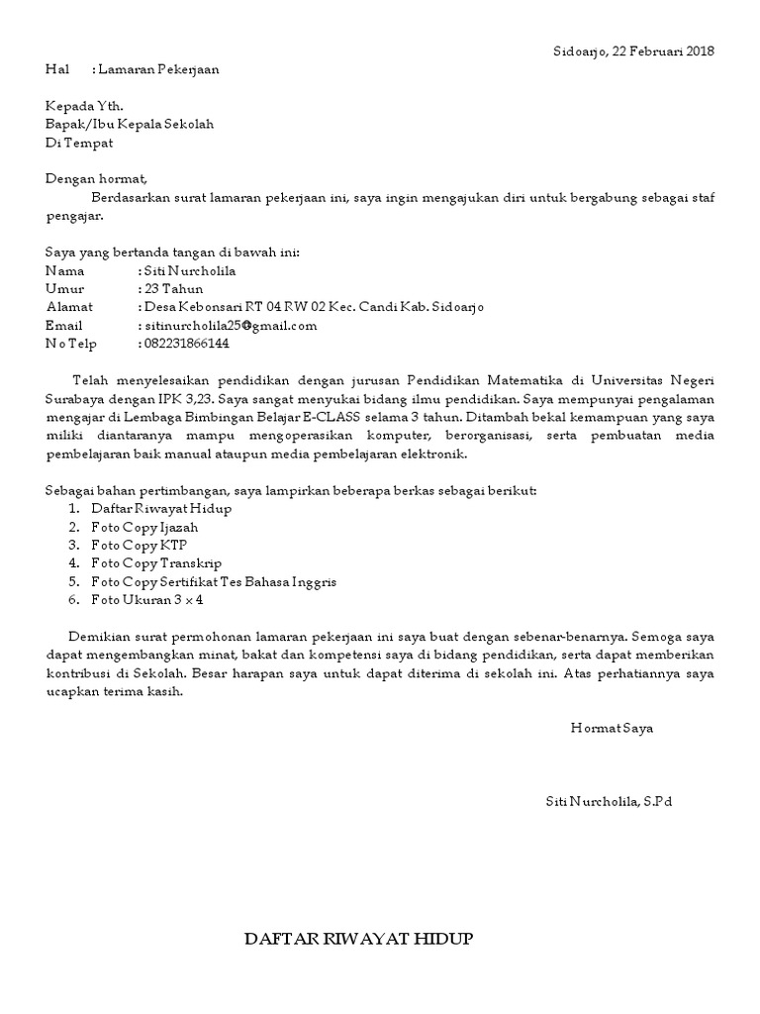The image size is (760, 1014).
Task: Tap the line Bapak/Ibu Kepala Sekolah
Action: click(130, 124)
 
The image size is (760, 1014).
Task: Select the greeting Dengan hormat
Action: click(96, 179)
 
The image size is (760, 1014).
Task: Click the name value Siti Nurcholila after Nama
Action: click(191, 270)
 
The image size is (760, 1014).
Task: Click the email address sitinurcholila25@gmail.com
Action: click(231, 325)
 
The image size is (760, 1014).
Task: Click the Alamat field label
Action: click(68, 307)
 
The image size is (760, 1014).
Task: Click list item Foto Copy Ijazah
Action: click(144, 527)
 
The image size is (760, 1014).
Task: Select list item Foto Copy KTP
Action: click(139, 545)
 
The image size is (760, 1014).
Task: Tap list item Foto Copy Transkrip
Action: click(156, 563)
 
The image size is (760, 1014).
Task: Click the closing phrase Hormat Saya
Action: click(612, 728)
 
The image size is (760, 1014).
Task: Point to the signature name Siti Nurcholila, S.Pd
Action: click(609, 800)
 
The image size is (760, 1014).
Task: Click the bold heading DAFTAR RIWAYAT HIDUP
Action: click(359, 939)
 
